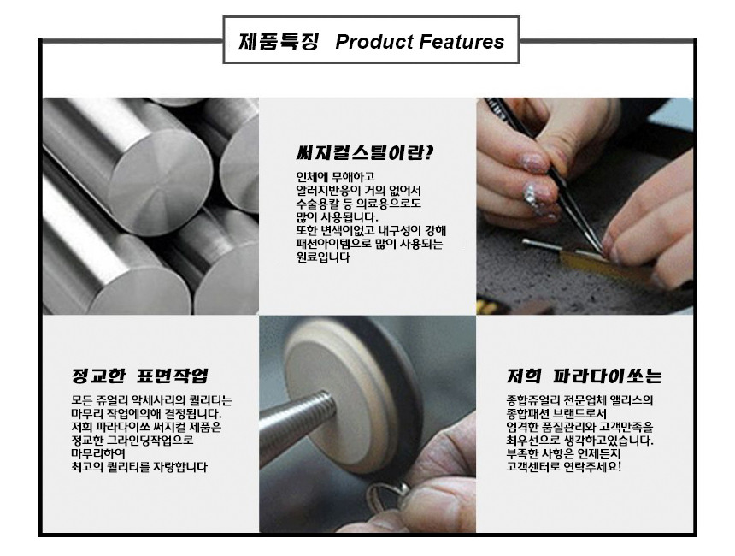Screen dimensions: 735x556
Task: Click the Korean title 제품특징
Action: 279,41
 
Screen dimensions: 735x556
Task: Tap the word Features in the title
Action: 462,41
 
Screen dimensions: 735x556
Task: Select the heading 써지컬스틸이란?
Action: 365,153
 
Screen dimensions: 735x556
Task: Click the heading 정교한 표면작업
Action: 139,376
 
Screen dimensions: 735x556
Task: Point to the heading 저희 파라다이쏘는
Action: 584,376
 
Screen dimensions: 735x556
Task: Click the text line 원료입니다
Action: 323,257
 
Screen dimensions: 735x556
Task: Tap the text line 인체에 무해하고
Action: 335,177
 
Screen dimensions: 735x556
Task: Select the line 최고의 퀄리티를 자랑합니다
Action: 139,467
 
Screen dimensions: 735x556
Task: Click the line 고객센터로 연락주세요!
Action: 563,467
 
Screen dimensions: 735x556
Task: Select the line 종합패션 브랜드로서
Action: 556,414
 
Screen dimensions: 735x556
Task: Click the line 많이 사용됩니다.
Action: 337,217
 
